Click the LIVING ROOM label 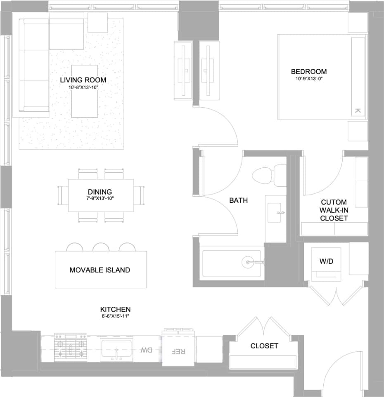83,80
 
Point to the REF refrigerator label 178,351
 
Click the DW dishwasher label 146,350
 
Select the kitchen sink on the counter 116,350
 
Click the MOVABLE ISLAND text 100,270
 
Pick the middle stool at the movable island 101,247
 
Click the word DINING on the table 100,192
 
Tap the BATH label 238,200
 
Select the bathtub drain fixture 248,261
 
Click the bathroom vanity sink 275,213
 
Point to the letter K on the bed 358,110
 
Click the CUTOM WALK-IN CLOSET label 334,210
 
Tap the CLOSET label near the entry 264,346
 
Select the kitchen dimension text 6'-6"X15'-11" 116,317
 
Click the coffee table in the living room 85,91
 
